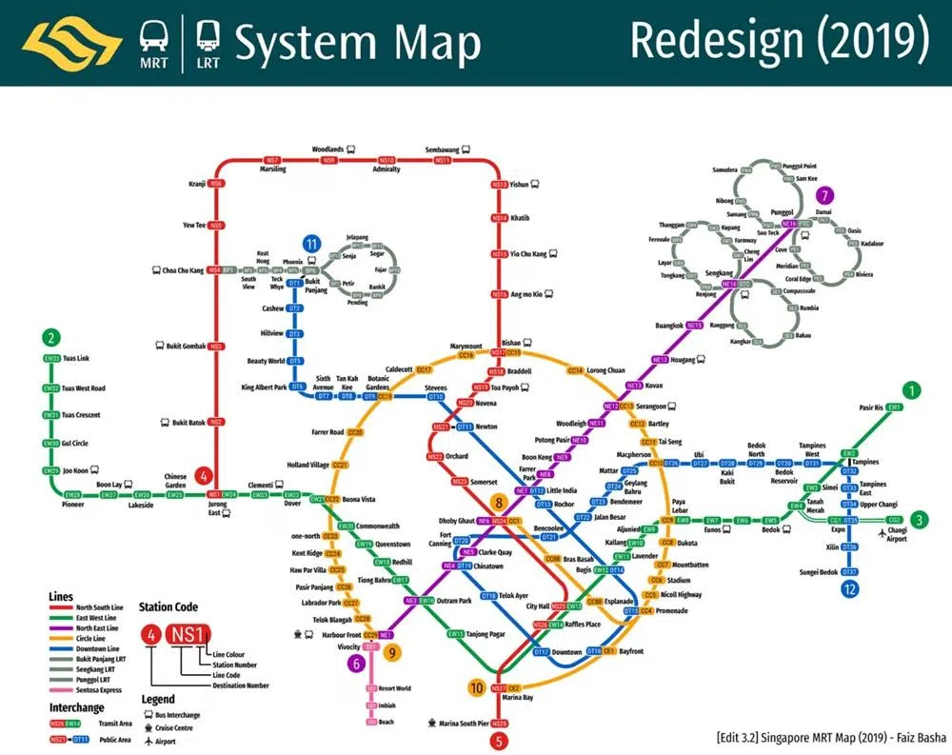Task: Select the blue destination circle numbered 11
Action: (x=310, y=245)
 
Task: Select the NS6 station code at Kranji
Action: (x=218, y=183)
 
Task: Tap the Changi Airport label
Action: (x=897, y=534)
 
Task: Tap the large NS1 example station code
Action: (x=188, y=635)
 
